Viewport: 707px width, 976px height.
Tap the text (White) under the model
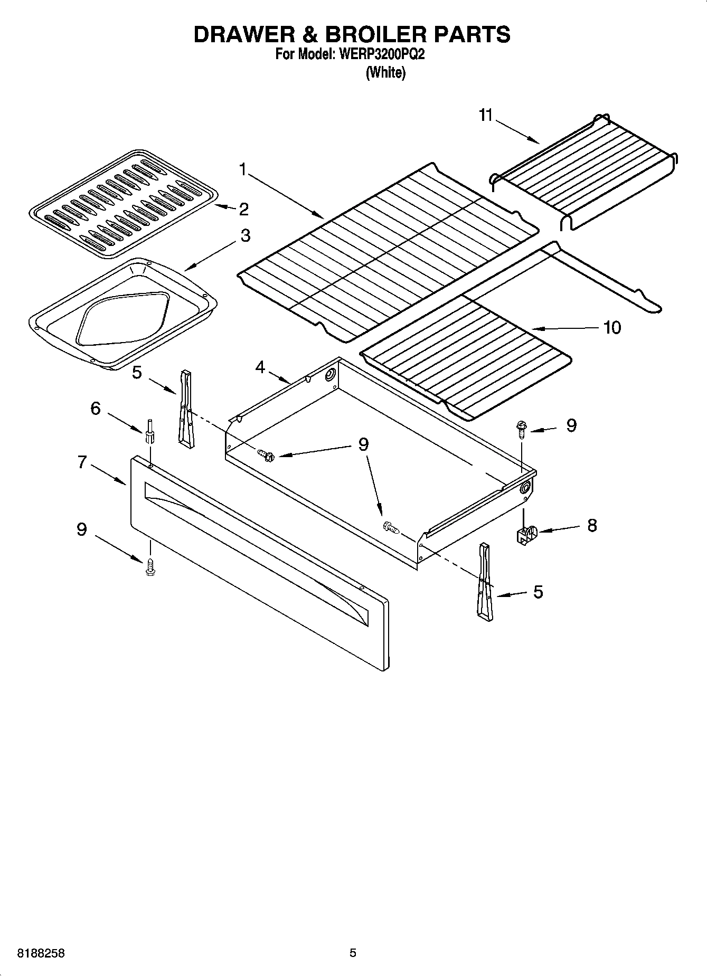[386, 73]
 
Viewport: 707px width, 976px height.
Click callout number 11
[485, 116]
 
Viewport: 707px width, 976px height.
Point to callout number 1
[242, 169]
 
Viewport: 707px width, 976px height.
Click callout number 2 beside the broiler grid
[243, 209]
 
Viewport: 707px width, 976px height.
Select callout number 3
[245, 235]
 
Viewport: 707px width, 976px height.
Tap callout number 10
[612, 327]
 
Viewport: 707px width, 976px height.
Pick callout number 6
[96, 408]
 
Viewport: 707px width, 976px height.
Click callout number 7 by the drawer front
[82, 462]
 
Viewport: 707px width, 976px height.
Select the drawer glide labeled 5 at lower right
[485, 581]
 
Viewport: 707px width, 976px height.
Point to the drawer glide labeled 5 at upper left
[185, 407]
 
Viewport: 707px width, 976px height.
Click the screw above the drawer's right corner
[521, 428]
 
